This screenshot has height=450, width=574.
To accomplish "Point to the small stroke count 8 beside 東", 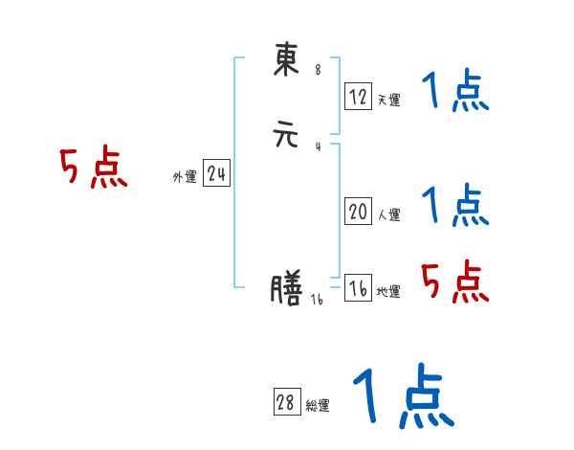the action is pyautogui.click(x=318, y=69).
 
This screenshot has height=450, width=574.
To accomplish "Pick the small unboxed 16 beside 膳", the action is pyautogui.click(x=318, y=300).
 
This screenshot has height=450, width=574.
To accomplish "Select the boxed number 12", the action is pyautogui.click(x=358, y=97).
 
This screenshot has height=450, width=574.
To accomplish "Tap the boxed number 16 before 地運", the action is pyautogui.click(x=358, y=288).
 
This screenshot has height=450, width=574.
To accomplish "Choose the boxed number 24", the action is pyautogui.click(x=216, y=174).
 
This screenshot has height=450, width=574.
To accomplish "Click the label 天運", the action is pyautogui.click(x=388, y=100).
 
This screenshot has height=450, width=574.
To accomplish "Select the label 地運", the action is pyautogui.click(x=388, y=291).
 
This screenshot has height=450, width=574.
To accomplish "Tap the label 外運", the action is pyautogui.click(x=185, y=177).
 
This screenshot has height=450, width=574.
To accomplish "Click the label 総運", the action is pyautogui.click(x=318, y=405).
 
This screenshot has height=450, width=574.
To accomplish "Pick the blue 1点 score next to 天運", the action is pyautogui.click(x=455, y=93).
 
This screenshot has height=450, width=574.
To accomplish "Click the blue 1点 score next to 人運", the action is pyautogui.click(x=455, y=205).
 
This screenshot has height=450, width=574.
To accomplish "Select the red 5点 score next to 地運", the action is pyautogui.click(x=455, y=281).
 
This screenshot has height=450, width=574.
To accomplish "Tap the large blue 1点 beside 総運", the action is pyautogui.click(x=403, y=397).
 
